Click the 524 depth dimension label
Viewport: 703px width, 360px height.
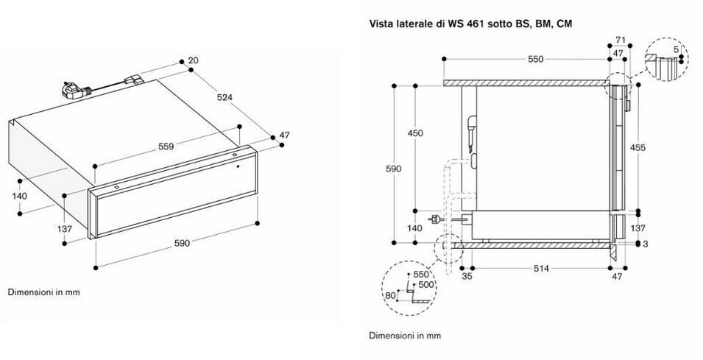[x=225, y=97]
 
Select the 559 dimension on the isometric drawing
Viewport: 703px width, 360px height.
[x=166, y=147]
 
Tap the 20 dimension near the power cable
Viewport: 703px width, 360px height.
[x=194, y=60]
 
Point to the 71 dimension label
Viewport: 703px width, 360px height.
[x=621, y=40]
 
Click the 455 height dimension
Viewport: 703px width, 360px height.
[x=637, y=147]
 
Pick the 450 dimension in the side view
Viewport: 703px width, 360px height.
[x=415, y=133]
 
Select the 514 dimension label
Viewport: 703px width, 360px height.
[x=541, y=269]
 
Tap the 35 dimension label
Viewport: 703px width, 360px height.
[x=467, y=277]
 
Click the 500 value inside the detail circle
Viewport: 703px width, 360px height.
[x=426, y=285]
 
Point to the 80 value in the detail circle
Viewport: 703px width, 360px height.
[x=390, y=295]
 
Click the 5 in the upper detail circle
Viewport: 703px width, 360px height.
[x=676, y=49]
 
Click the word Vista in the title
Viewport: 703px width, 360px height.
[x=379, y=24]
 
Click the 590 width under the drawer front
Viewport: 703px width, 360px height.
[x=182, y=244]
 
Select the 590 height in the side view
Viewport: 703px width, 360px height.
[x=393, y=169]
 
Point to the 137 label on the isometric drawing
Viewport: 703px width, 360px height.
[x=65, y=229]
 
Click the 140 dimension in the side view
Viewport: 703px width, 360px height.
[x=414, y=228]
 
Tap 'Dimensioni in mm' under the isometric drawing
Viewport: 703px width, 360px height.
[x=44, y=292]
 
